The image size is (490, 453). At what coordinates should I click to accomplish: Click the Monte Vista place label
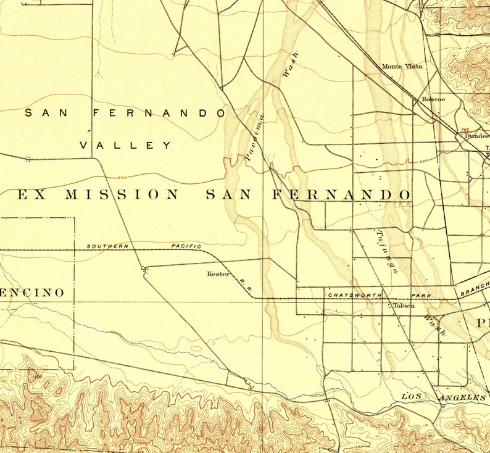click(x=401, y=67)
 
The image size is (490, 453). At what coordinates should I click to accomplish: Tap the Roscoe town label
click(x=433, y=99)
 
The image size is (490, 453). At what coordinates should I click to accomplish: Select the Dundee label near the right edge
click(x=476, y=136)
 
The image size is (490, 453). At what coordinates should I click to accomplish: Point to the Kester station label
click(x=218, y=273)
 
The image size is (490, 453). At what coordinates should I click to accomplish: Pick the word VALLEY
click(x=127, y=146)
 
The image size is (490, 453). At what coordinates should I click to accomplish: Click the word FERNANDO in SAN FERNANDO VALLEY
click(x=159, y=113)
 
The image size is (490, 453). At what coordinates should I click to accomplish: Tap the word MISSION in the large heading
click(x=122, y=195)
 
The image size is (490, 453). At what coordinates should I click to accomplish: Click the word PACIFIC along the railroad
click(x=186, y=247)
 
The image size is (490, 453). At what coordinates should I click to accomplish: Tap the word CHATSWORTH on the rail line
click(x=355, y=295)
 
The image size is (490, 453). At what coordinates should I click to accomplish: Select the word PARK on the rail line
click(x=421, y=296)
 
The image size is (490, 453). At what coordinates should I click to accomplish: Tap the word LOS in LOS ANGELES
click(x=414, y=396)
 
